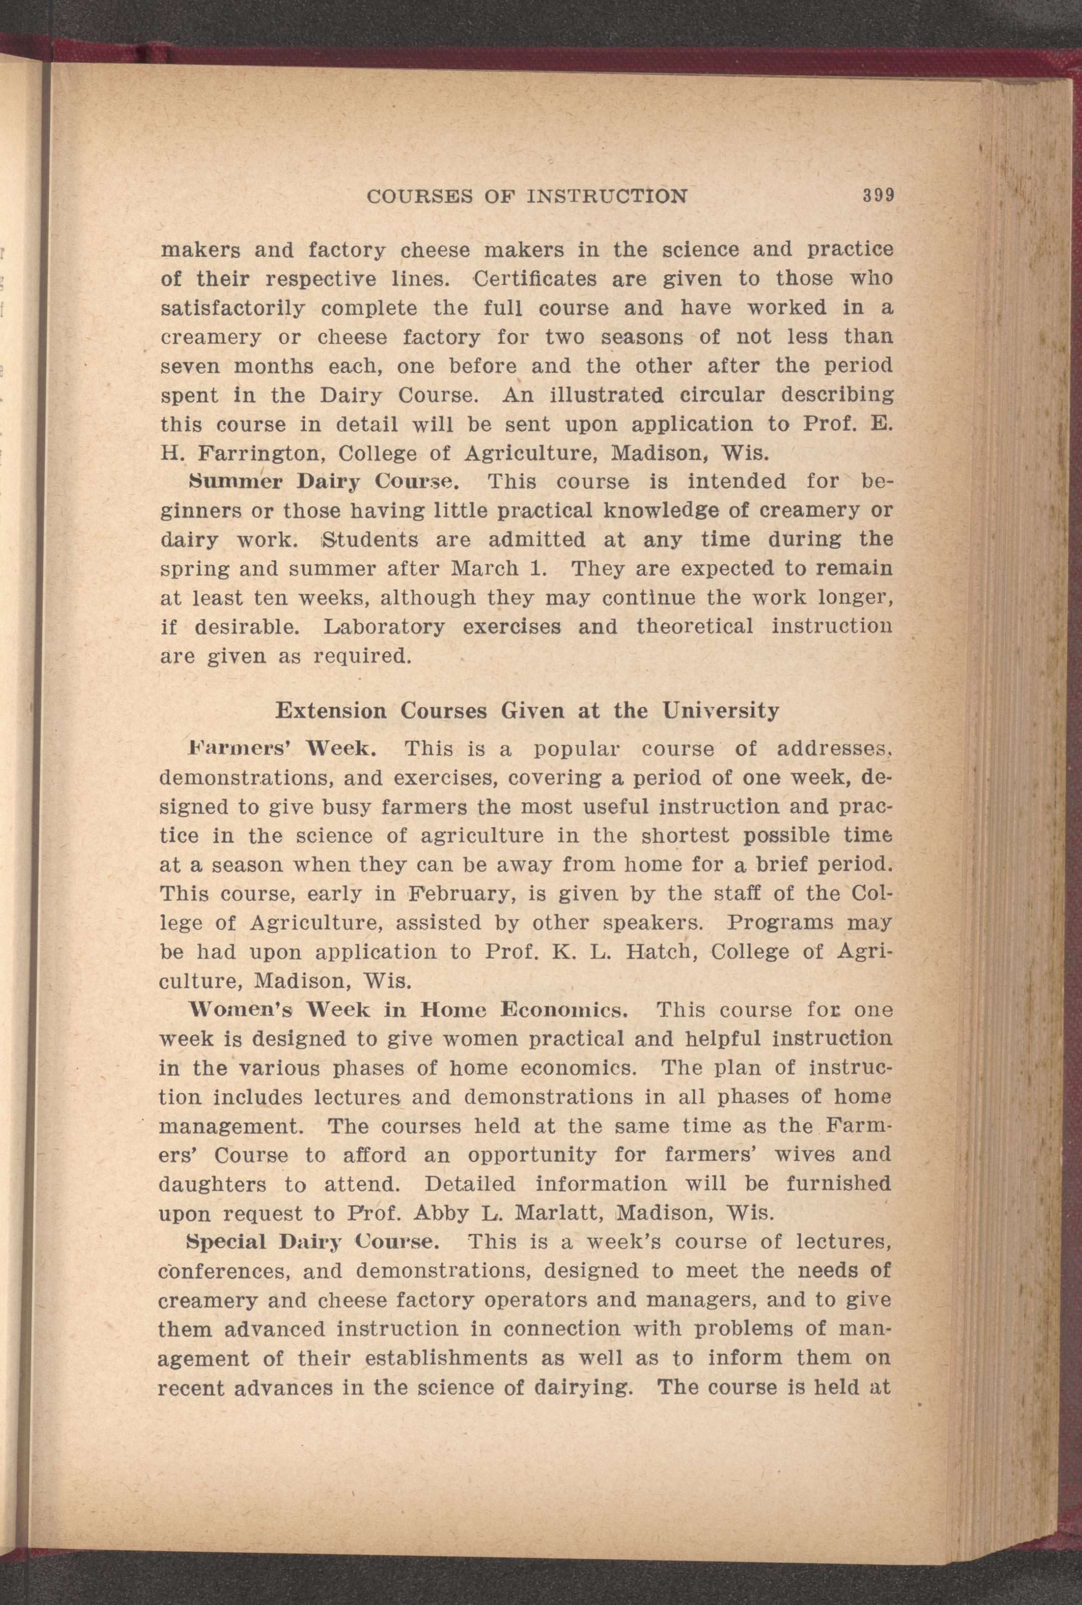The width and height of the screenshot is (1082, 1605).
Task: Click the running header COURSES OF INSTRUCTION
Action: point(526,197)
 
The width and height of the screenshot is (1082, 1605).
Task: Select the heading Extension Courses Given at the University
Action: point(527,710)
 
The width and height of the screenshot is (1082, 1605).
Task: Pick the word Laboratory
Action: point(384,627)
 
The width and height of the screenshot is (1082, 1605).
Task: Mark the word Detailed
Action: point(470,1184)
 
